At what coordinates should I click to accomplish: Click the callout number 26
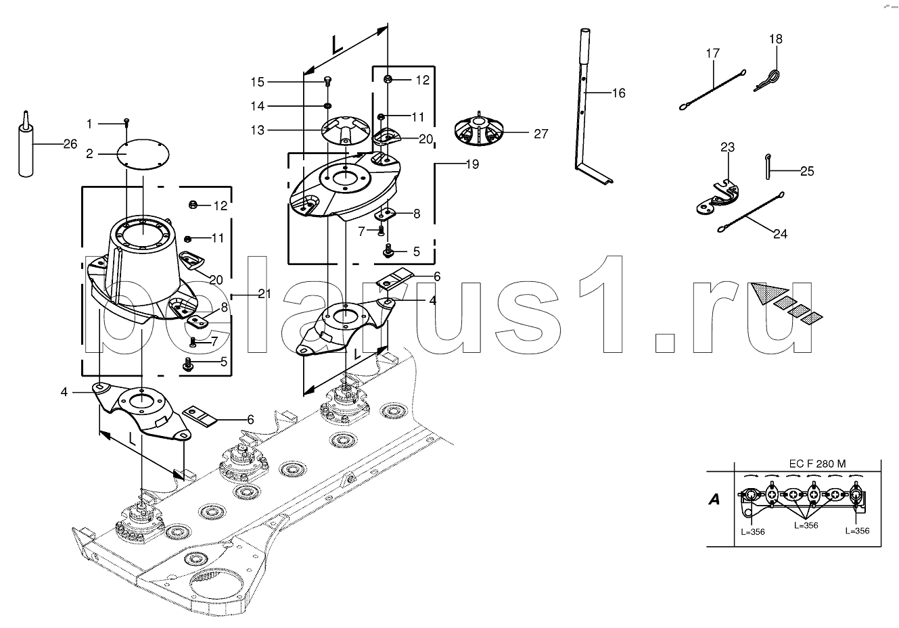70,144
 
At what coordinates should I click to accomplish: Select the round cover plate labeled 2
143,154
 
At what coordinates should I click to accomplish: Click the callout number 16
619,93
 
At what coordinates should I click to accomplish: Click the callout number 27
540,134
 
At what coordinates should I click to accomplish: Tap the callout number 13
258,130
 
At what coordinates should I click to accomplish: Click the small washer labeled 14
328,105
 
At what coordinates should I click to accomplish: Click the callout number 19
472,164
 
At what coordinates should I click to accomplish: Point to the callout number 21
264,294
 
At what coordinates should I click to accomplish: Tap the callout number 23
728,147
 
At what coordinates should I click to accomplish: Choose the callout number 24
780,234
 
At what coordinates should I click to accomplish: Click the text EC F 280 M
818,464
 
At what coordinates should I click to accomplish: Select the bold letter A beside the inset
714,500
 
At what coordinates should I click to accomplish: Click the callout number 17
713,53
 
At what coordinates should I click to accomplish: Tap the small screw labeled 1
126,122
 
